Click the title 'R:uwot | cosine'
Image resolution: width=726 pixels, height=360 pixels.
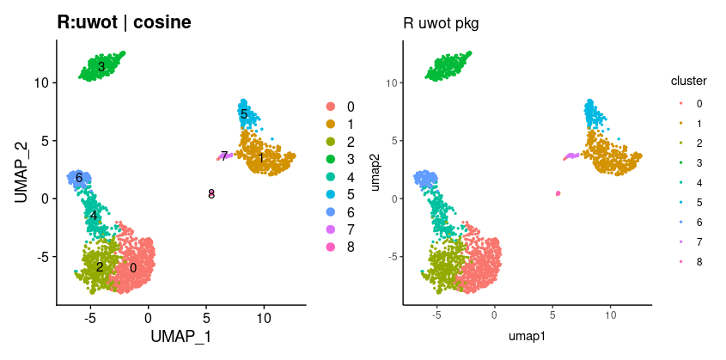[124, 23]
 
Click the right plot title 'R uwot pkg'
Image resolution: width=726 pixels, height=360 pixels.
[441, 23]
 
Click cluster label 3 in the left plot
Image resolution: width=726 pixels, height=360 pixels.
[101, 66]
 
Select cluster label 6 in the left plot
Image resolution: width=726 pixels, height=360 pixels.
[78, 178]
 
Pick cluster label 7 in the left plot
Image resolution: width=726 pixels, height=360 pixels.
[224, 156]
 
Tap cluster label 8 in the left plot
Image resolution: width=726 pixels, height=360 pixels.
[211, 194]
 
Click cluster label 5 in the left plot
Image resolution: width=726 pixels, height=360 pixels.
[244, 114]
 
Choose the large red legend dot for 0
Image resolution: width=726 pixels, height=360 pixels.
[330, 107]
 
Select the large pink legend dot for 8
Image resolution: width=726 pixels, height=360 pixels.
[330, 248]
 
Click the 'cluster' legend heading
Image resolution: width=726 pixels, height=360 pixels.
[689, 82]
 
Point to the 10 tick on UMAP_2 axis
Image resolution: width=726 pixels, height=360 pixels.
[40, 82]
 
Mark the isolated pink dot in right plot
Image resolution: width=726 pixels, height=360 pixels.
[558, 193]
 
